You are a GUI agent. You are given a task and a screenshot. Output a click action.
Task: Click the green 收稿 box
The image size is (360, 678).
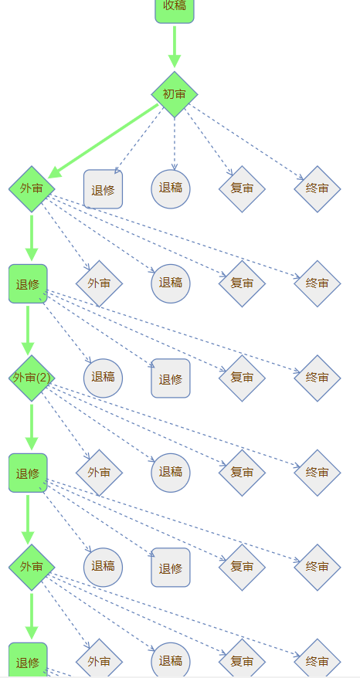(x=175, y=8)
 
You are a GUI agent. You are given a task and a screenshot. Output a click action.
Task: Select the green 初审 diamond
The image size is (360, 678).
(x=175, y=94)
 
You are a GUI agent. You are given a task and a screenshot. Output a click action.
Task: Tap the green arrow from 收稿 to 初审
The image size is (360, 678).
(x=175, y=46)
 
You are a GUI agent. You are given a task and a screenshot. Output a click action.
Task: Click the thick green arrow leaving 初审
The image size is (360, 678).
(x=103, y=141)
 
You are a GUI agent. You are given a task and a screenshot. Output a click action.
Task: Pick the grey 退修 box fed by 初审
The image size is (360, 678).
(x=103, y=189)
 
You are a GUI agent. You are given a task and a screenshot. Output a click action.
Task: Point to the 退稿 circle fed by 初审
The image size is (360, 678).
(x=171, y=189)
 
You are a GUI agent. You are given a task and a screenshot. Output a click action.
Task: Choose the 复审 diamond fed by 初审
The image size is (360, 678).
(x=242, y=189)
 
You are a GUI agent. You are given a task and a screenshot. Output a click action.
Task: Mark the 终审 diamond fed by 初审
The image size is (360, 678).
(x=318, y=189)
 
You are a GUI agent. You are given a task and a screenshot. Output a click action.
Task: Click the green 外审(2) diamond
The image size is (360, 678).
(x=32, y=378)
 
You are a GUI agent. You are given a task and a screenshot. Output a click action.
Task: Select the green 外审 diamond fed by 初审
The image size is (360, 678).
(x=32, y=189)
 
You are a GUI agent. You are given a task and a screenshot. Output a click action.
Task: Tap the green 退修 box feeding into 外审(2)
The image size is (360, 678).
(x=28, y=283)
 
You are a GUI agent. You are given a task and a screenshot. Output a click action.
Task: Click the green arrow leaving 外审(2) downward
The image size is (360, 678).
(x=31, y=427)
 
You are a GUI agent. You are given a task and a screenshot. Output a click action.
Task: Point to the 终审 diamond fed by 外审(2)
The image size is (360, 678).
(x=318, y=473)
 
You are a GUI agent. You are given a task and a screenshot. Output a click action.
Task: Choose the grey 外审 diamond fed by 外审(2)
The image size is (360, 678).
(x=99, y=473)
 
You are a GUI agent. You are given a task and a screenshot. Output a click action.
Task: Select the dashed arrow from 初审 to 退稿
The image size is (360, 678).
(x=175, y=144)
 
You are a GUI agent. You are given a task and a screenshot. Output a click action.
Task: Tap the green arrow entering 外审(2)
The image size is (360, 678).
(x=28, y=331)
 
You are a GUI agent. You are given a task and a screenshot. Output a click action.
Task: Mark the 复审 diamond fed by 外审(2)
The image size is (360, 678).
(x=242, y=473)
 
